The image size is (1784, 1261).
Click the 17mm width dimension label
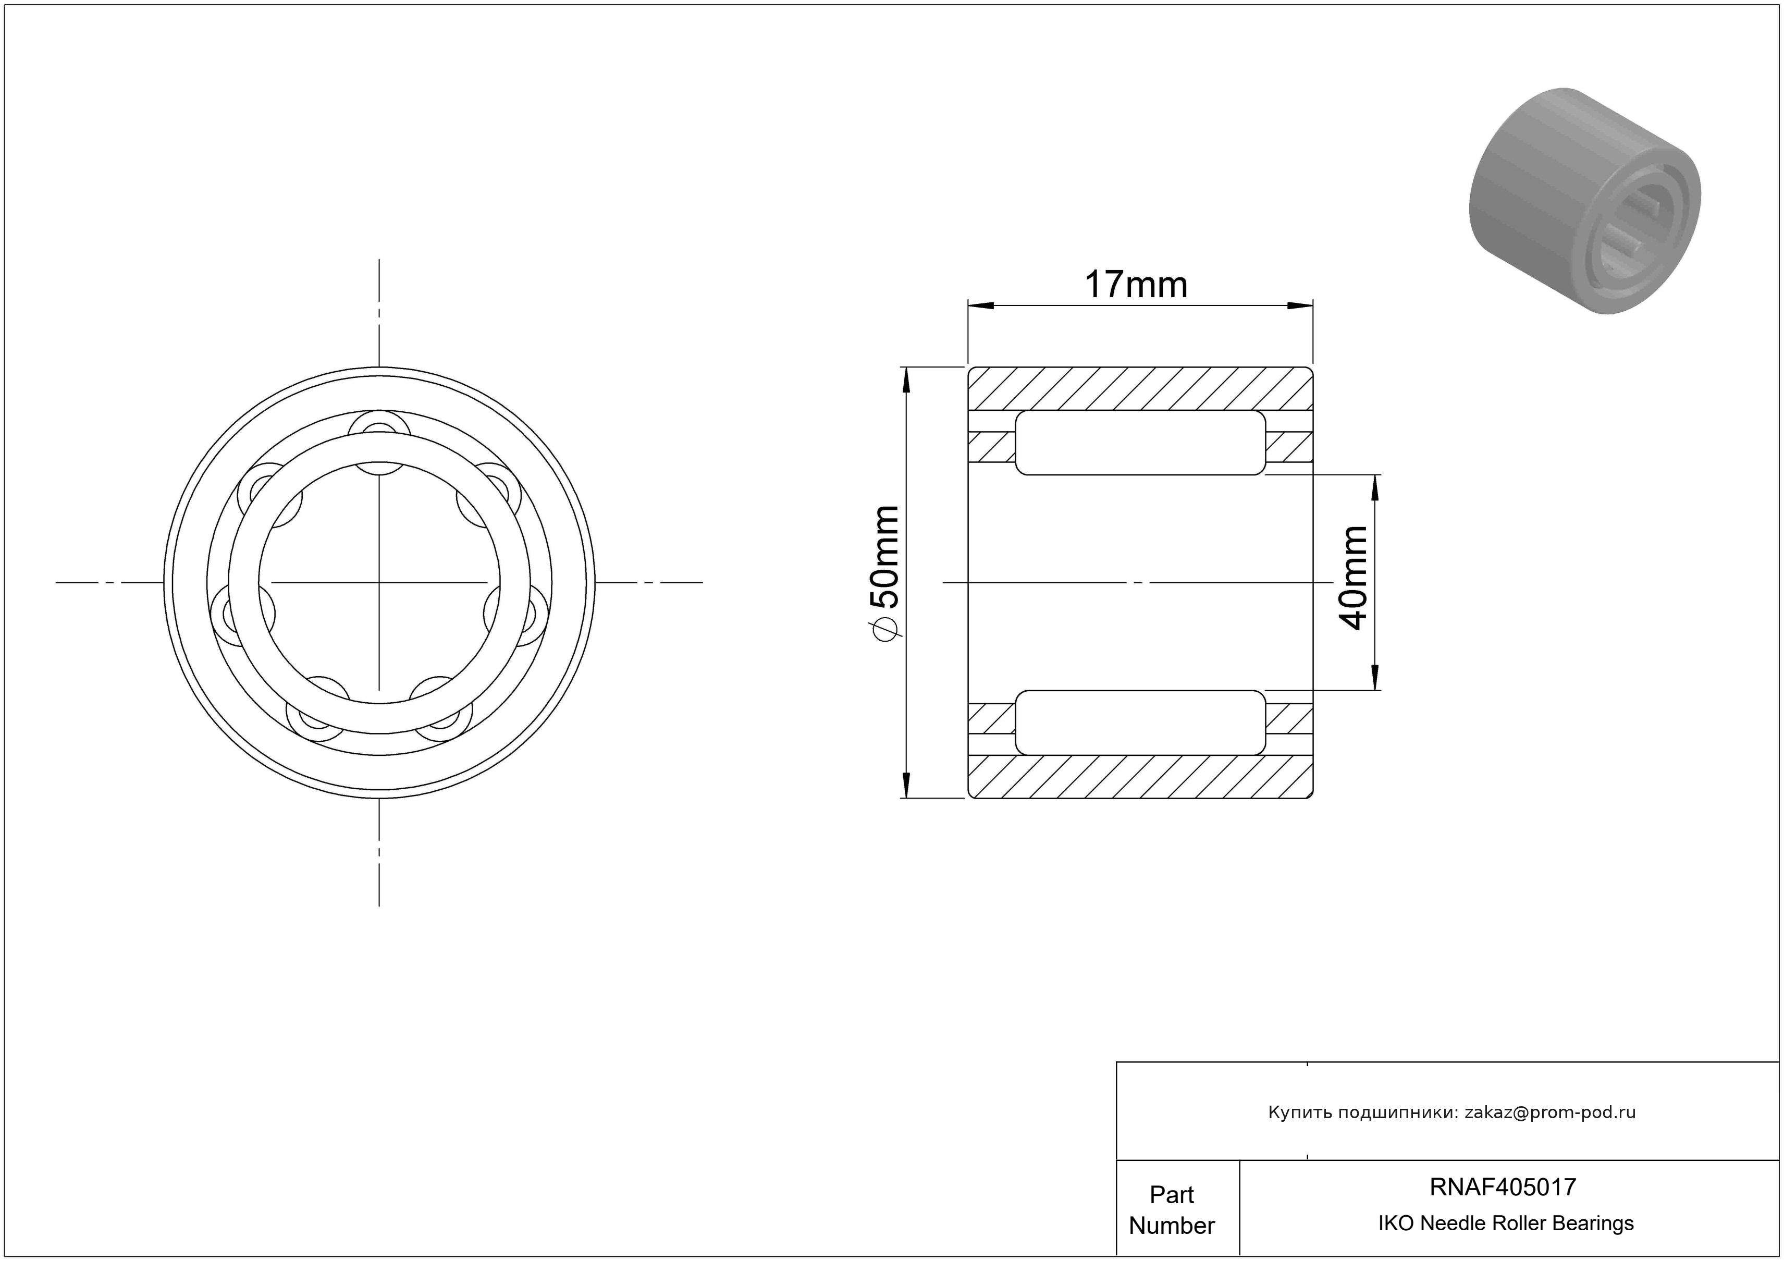pos(1136,285)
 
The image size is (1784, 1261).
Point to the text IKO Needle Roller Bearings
pos(1506,1223)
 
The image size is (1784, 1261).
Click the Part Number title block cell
pos(1172,1210)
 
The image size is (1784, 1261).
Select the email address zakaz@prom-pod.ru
pos(1550,1112)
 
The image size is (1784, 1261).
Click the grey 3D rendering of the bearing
pos(1584,201)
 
